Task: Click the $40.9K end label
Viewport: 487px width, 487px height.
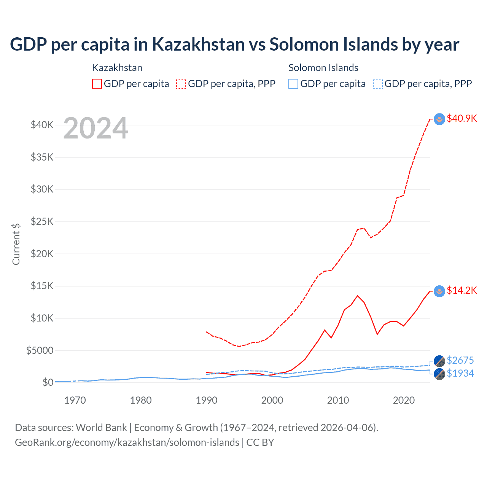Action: pos(462,118)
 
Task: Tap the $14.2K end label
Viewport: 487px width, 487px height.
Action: pos(462,291)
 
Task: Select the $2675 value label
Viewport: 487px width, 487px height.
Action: pos(460,360)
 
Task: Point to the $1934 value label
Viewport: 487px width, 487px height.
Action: pos(460,373)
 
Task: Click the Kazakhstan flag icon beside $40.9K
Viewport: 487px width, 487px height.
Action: pos(439,119)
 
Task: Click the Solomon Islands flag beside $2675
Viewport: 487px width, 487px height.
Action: pos(439,361)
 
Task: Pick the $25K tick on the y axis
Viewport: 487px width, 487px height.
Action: pos(42,221)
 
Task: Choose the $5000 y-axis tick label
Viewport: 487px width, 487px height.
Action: pos(40,350)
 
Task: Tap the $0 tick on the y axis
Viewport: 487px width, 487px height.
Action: pos(48,382)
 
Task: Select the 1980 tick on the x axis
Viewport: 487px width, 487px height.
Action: pos(141,400)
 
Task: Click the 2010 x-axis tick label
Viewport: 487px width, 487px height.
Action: pos(338,400)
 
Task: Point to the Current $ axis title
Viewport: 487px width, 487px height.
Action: pos(16,244)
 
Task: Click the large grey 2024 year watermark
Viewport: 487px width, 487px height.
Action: pos(95,129)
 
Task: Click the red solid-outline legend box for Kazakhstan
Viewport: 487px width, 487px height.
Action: pos(97,84)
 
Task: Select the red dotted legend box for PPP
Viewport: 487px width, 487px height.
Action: pos(181,84)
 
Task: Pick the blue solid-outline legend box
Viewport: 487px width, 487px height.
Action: pos(293,84)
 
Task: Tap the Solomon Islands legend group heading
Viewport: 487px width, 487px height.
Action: pos(323,68)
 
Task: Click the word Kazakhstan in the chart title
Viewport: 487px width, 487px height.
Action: pos(198,44)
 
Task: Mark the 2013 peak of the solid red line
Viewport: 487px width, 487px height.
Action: pos(357,296)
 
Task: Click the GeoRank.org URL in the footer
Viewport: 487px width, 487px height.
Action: pos(127,442)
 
